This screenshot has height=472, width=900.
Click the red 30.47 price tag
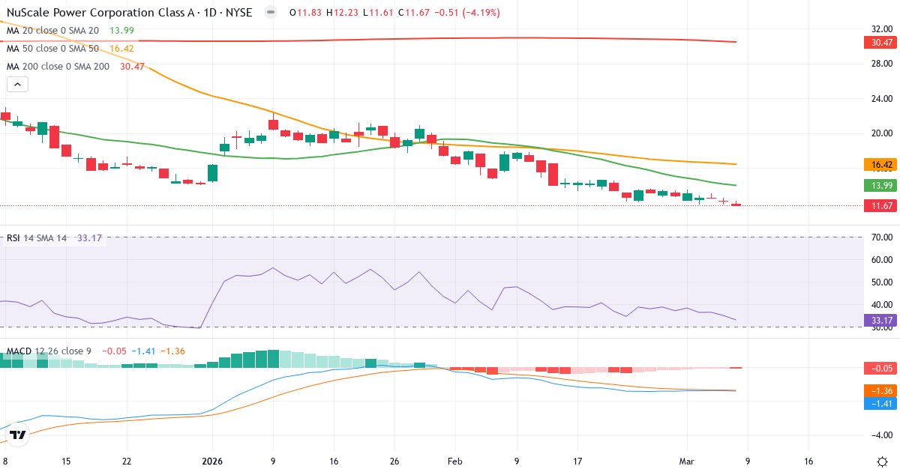[x=880, y=43]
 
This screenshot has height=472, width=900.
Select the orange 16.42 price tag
[x=880, y=165]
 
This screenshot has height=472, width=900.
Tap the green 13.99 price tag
[x=880, y=186]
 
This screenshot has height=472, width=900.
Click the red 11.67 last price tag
[x=880, y=206]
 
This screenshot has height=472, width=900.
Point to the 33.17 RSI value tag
[x=880, y=320]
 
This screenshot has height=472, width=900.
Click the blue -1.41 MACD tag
[x=880, y=403]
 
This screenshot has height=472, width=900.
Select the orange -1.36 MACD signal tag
[x=880, y=390]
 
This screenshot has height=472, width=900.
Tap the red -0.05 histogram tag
[x=880, y=368]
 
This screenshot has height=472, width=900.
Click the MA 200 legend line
[x=58, y=67]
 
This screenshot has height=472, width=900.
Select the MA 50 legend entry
[x=52, y=49]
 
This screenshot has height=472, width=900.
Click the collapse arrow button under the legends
[x=17, y=84]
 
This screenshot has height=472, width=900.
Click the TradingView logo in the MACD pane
[x=18, y=435]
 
